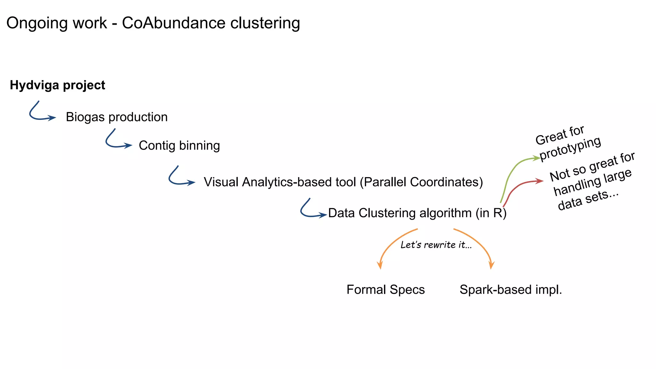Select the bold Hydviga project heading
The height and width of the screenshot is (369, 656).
point(57,85)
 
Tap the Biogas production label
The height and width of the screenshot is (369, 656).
point(117,117)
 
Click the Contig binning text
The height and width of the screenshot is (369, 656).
point(179,146)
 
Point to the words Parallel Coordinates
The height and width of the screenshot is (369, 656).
point(421,182)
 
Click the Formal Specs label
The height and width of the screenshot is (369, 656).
point(385,290)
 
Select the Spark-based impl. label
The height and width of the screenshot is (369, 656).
point(511,290)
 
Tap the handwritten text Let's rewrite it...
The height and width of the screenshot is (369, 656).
point(436,245)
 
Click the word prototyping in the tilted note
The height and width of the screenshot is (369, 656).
point(570,148)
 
